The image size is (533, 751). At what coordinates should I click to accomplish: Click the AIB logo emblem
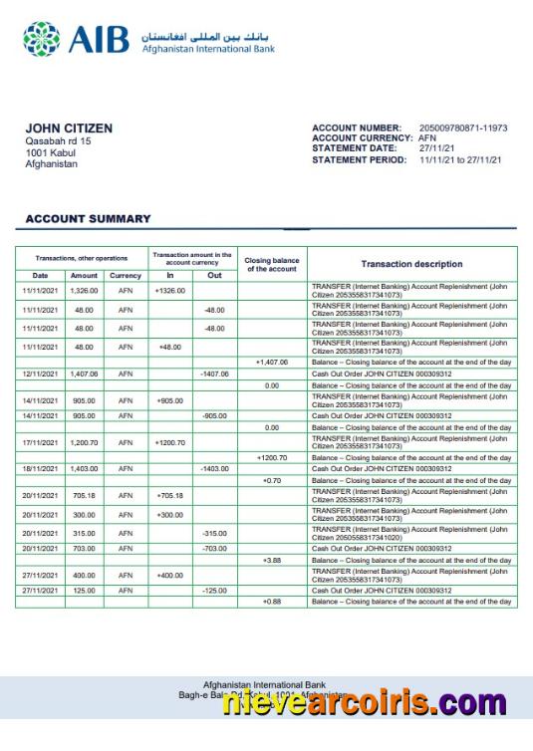click(x=41, y=39)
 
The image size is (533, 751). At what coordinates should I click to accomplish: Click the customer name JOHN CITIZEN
click(x=69, y=128)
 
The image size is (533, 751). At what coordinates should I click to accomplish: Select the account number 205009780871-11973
click(x=463, y=128)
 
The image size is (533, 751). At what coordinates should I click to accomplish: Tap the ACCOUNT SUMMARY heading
click(x=88, y=219)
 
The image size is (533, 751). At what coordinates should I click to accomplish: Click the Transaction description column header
click(x=411, y=264)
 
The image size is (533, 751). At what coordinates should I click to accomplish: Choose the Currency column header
click(x=126, y=276)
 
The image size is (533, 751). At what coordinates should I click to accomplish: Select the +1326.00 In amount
click(x=170, y=290)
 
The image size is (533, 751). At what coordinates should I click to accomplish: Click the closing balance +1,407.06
click(x=272, y=363)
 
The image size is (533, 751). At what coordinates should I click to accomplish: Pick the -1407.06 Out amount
click(x=214, y=375)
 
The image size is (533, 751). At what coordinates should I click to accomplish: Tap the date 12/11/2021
click(x=41, y=375)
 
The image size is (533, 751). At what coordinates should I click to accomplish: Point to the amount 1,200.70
click(x=85, y=441)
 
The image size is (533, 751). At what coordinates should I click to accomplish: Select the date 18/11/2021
click(x=41, y=468)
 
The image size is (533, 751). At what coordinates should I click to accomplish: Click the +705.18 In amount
click(x=170, y=495)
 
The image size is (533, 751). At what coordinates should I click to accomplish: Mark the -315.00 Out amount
click(x=214, y=533)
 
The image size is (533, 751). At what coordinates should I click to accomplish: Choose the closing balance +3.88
click(x=272, y=560)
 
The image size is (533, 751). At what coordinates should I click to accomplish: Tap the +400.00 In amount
click(x=170, y=575)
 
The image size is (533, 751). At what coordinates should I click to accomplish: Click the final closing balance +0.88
click(x=272, y=602)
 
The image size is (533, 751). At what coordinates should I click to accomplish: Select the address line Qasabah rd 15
click(x=58, y=141)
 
